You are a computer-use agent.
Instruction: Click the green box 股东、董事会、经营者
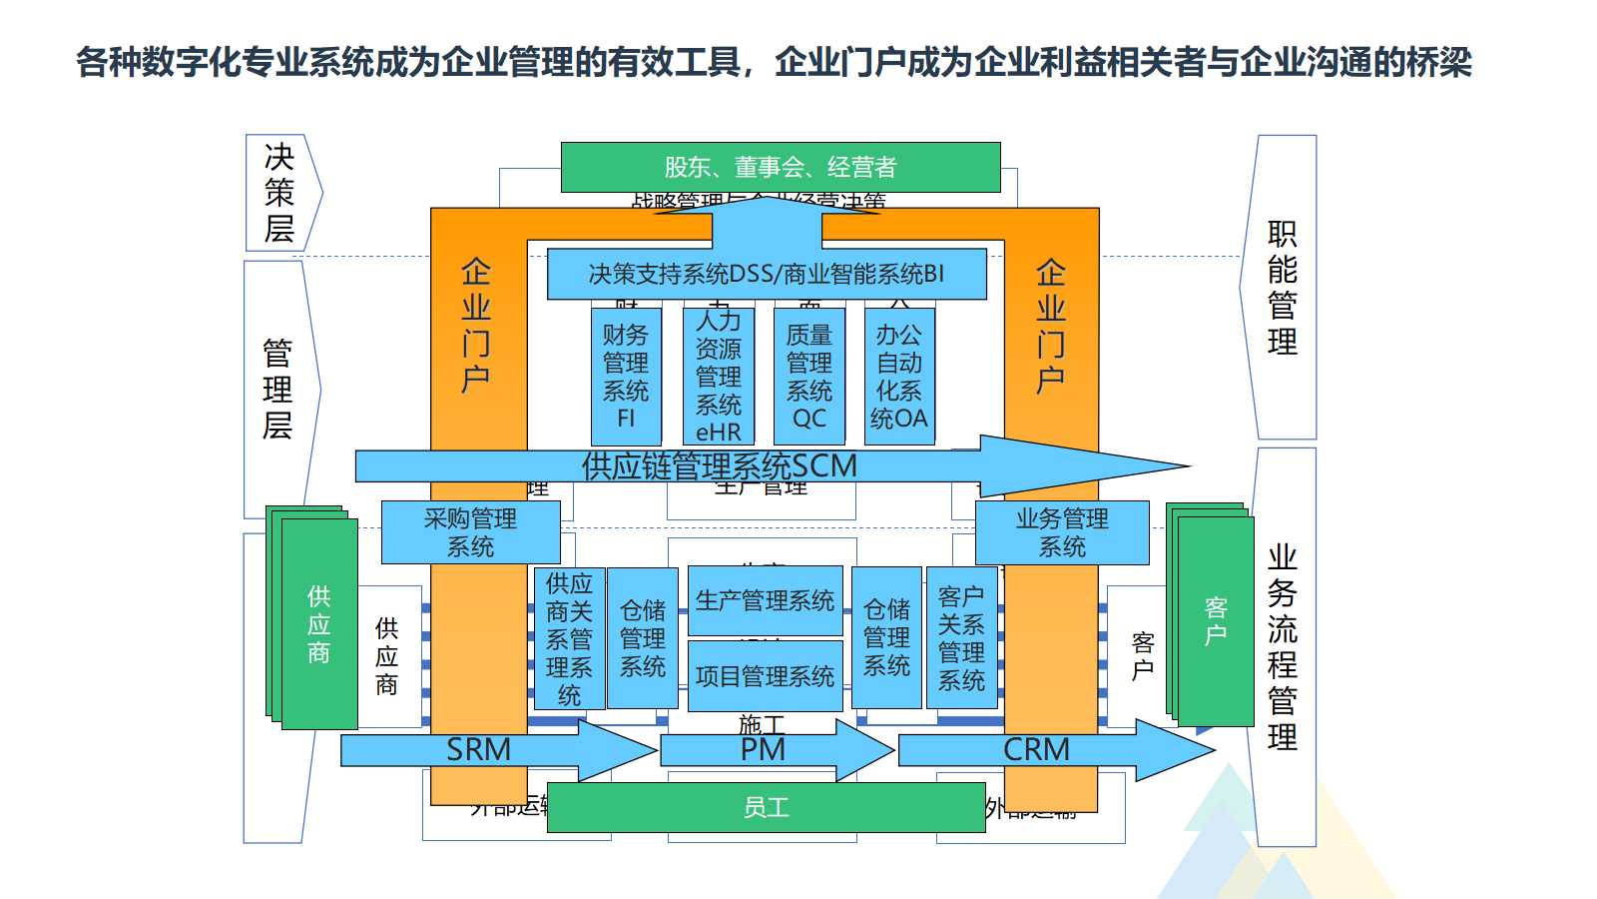781,167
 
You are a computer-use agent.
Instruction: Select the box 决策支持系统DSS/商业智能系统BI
767,274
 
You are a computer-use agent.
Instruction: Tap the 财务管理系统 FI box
626,376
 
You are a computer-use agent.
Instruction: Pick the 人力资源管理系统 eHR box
719,376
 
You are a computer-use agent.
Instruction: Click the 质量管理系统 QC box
809,376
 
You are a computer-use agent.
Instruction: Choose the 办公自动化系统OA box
899,376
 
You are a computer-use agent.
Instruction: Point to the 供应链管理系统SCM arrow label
719,465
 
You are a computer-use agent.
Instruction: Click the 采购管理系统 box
470,532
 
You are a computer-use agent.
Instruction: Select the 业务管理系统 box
1062,532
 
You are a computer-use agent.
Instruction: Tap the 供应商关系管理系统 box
569,638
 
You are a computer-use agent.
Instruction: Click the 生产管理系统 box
765,600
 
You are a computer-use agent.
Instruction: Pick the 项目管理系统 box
765,676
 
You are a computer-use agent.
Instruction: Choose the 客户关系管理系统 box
961,638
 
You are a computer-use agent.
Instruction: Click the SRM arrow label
479,749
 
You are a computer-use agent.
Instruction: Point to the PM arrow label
764,749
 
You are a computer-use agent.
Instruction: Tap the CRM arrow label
1036,749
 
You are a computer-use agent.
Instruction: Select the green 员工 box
767,807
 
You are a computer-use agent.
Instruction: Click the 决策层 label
279,193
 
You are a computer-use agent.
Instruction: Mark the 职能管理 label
1283,288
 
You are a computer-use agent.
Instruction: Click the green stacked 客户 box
1216,621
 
